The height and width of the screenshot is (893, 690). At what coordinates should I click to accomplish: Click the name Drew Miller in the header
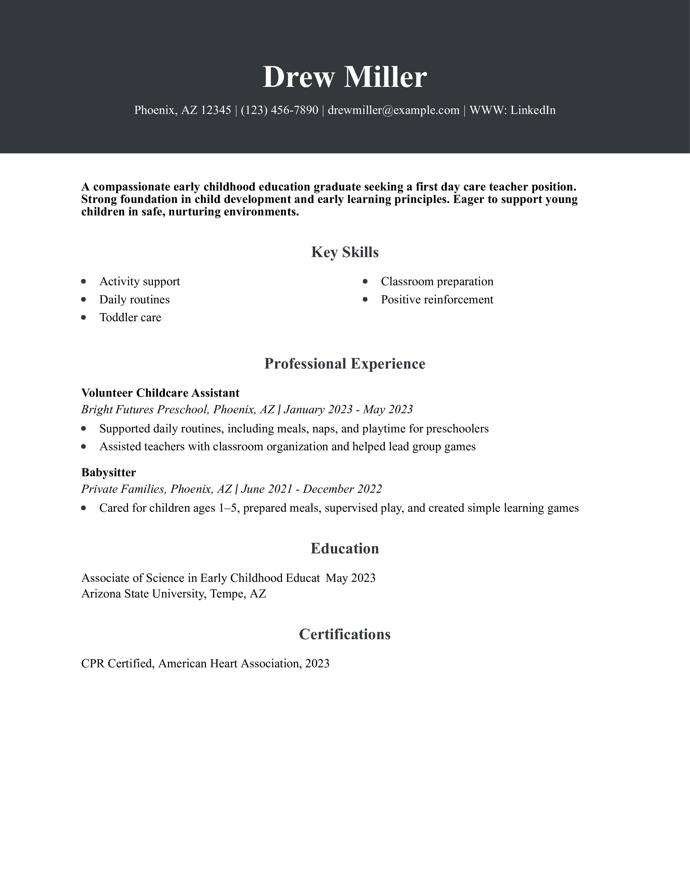(x=344, y=77)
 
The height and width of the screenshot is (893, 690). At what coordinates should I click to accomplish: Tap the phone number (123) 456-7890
(x=279, y=110)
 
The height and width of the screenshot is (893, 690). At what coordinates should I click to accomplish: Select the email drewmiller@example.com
(x=394, y=110)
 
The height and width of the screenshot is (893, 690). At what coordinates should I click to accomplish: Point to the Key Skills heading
(x=344, y=252)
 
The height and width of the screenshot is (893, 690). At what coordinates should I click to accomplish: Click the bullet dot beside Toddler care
(x=84, y=317)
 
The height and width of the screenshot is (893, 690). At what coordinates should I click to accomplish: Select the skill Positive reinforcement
(x=437, y=300)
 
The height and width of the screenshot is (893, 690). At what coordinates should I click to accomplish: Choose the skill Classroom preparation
(x=437, y=281)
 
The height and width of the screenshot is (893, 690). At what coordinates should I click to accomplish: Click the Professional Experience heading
(x=344, y=363)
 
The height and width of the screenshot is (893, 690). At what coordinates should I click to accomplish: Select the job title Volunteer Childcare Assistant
(x=160, y=393)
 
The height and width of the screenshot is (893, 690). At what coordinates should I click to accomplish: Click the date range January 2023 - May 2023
(x=348, y=409)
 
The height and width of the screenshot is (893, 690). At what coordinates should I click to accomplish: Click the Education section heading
(x=344, y=548)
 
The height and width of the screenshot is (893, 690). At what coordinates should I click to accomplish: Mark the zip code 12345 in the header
(x=216, y=110)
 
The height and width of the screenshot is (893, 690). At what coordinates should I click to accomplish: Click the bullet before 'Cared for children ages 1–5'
(x=84, y=508)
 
